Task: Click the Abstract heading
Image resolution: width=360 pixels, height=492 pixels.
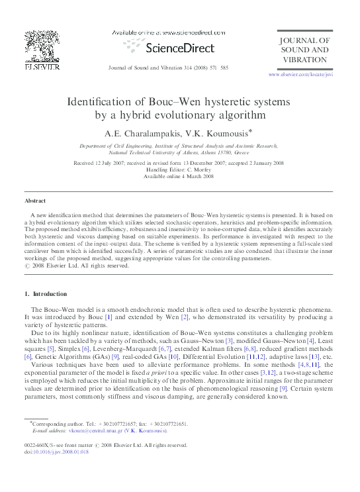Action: click(x=34, y=200)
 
